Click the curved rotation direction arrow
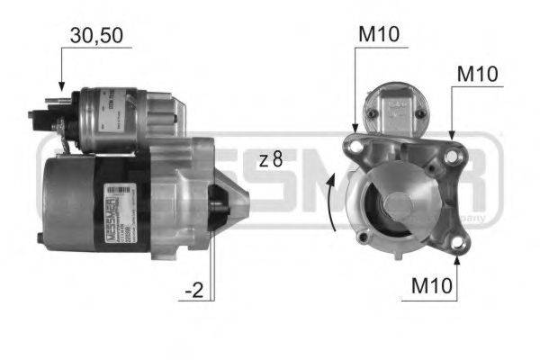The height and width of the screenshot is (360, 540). (x=333, y=202)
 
